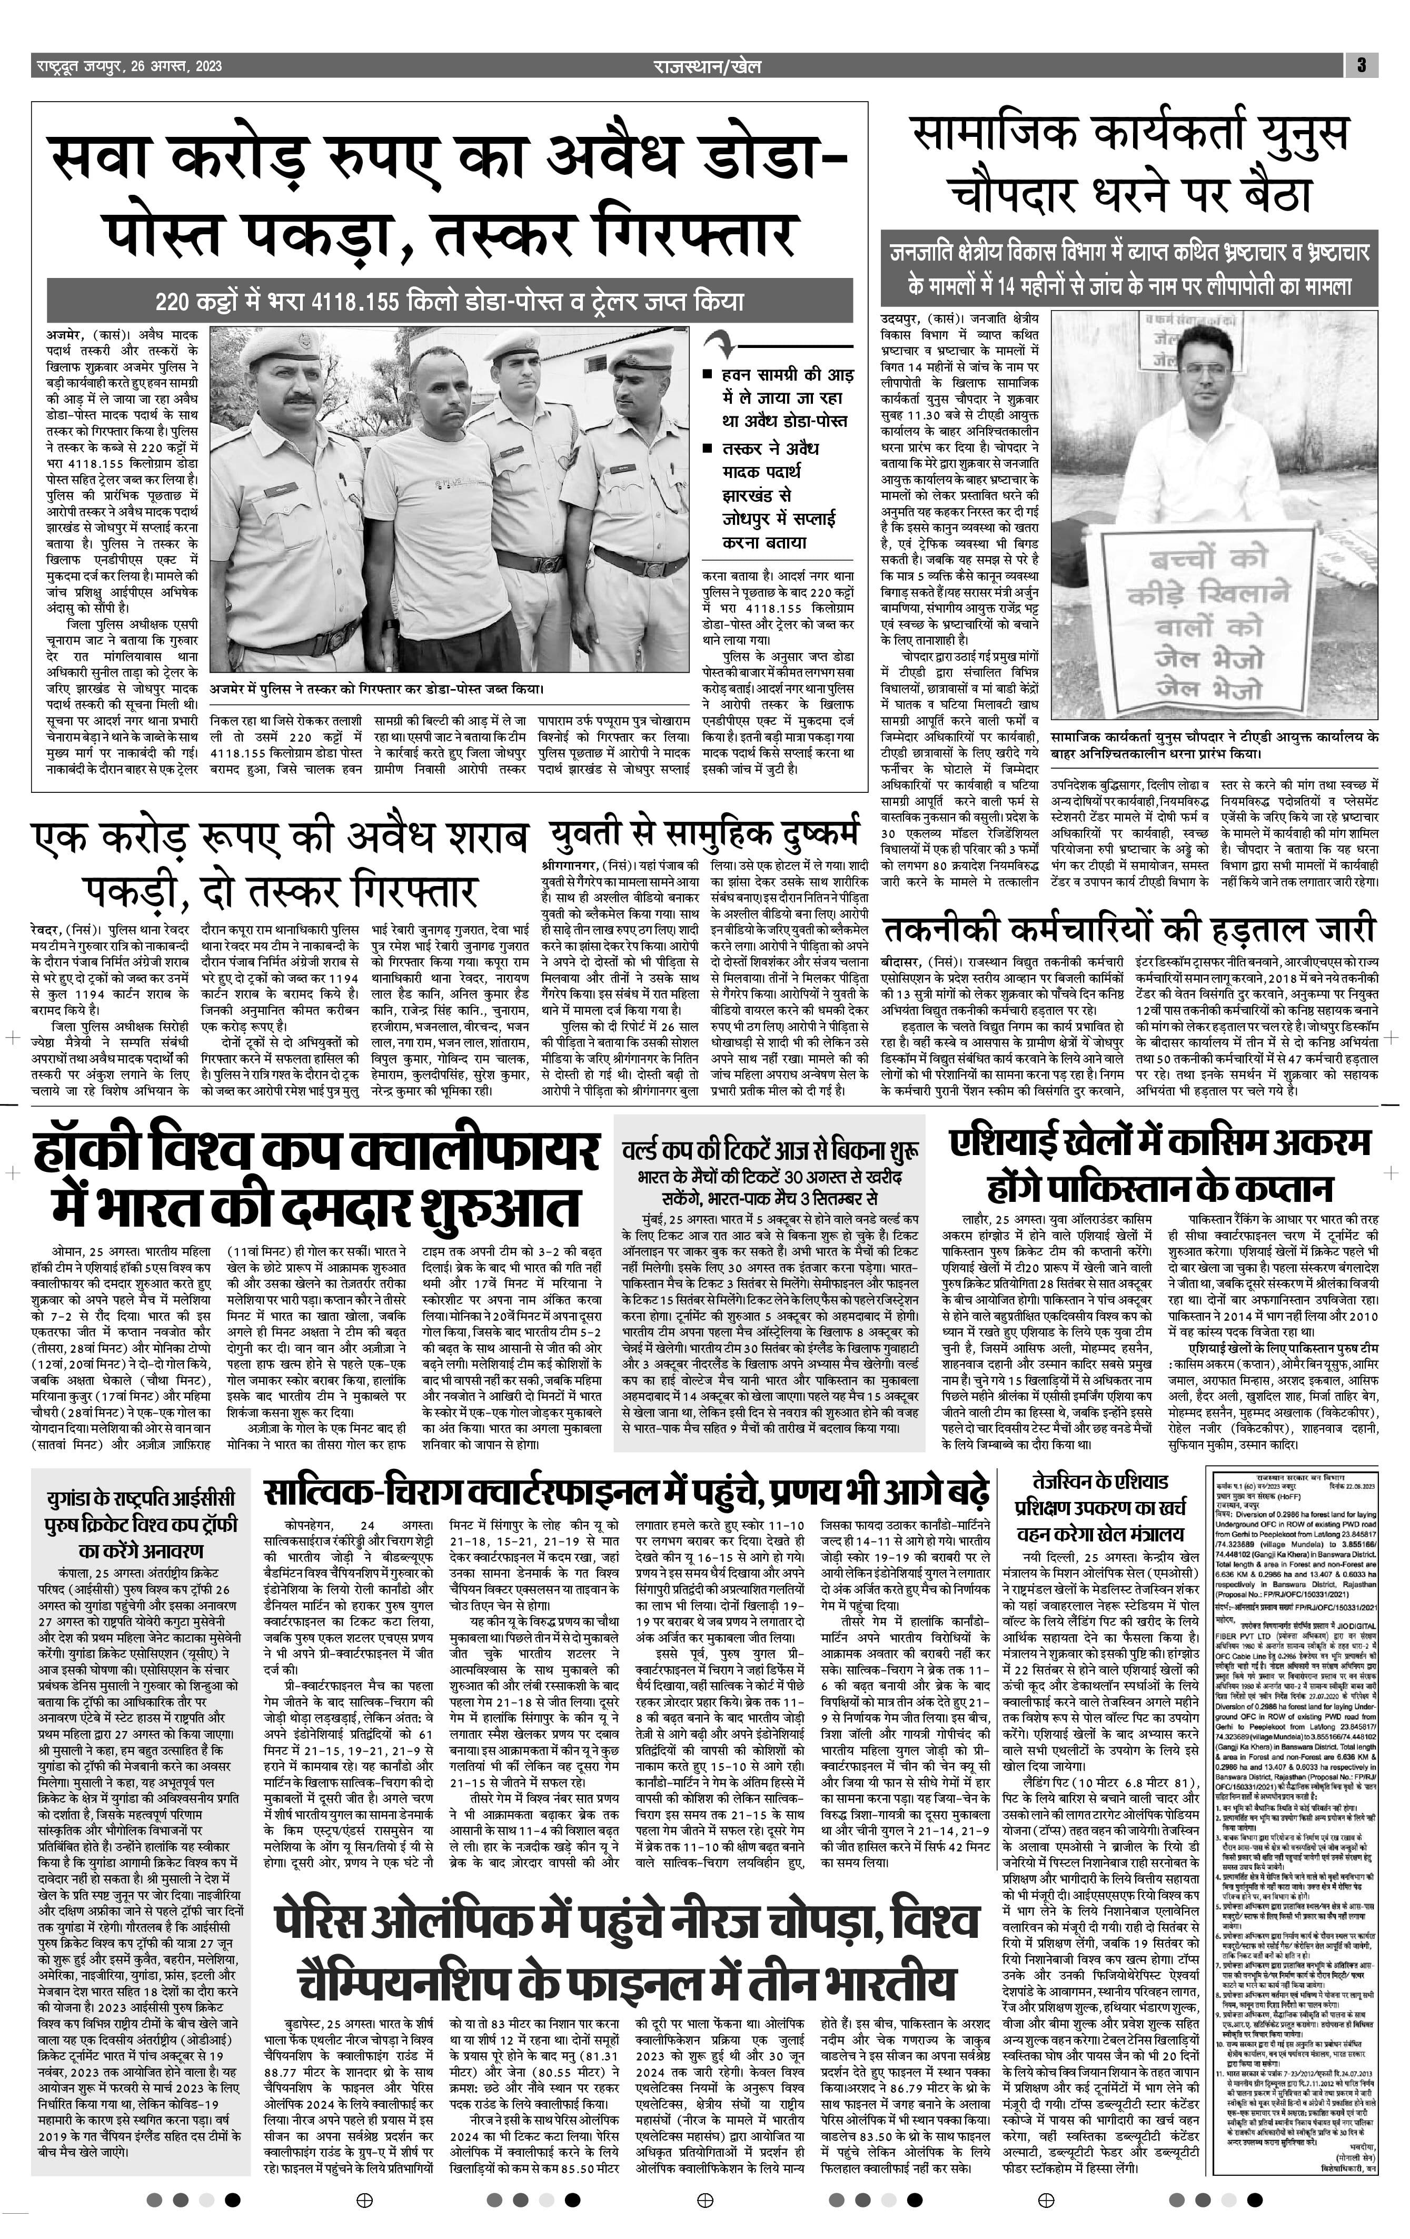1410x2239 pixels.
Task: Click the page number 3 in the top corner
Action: click(x=1361, y=65)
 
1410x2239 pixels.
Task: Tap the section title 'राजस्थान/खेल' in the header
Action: click(x=707, y=66)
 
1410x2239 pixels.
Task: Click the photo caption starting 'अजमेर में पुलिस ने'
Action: click(x=376, y=689)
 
